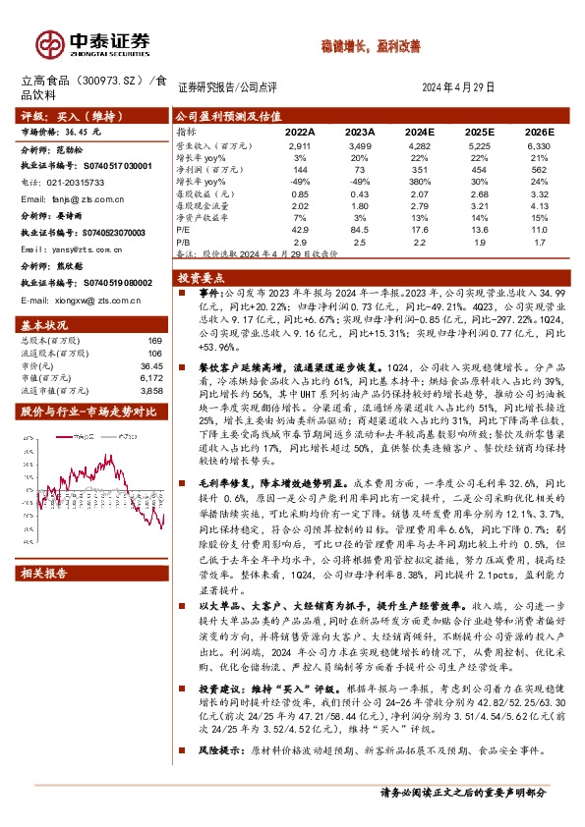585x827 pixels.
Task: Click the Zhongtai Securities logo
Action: (x=93, y=42)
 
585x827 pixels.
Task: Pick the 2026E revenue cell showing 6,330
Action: (x=538, y=144)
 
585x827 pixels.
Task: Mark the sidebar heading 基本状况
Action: (x=46, y=323)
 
